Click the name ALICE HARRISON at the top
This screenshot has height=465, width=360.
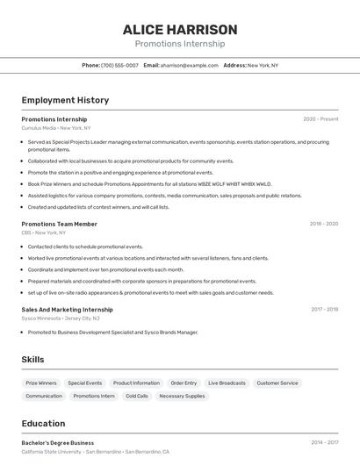pos(180,29)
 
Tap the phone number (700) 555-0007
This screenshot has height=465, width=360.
pos(119,65)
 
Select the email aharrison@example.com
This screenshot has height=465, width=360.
pos(189,65)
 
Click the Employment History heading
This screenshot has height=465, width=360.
pos(65,101)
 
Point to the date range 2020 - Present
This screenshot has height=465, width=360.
pos(320,118)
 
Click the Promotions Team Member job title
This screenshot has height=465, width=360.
pos(59,224)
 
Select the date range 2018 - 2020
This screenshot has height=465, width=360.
pos(323,224)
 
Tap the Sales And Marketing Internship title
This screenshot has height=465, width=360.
pos(67,310)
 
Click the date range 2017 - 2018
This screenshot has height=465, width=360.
pos(324,310)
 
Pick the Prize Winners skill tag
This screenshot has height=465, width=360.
pos(41,383)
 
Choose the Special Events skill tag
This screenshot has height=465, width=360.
pos(85,383)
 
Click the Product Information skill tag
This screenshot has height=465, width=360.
pos(136,383)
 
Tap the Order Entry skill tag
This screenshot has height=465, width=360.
pos(184,383)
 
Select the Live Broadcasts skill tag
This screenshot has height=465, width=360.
pos(227,383)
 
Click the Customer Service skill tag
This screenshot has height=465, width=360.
pos(277,383)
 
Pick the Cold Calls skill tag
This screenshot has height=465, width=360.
pos(137,396)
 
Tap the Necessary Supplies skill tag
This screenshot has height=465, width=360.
pos(182,396)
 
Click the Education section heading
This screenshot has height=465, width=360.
pos(43,424)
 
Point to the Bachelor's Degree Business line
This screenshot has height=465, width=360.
pos(58,443)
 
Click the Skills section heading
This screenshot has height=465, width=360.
pos(32,360)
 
